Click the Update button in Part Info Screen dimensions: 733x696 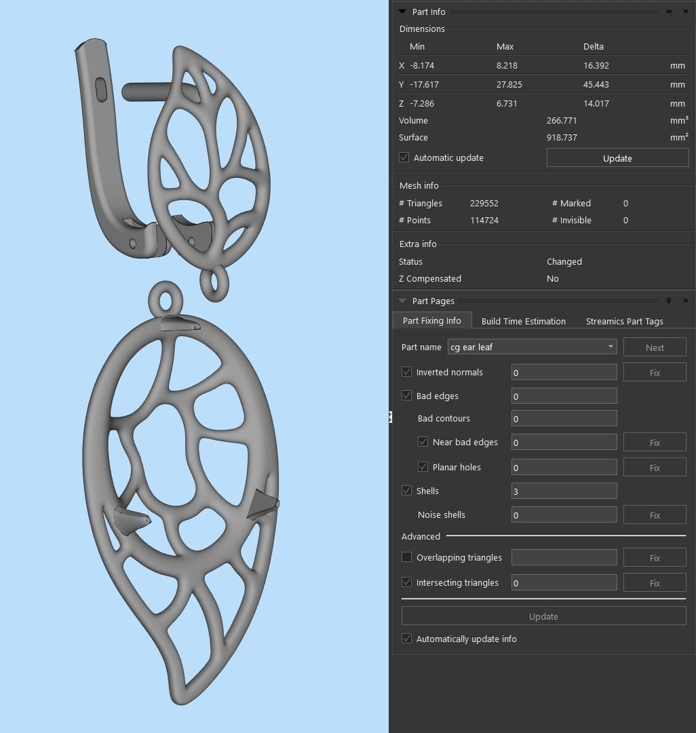pyautogui.click(x=617, y=158)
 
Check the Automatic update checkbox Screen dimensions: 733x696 pyautogui.click(x=404, y=157)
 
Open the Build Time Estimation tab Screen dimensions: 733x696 pyautogui.click(x=523, y=321)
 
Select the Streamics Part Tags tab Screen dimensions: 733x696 pyautogui.click(x=624, y=321)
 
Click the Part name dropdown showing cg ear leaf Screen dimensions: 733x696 pyautogui.click(x=532, y=347)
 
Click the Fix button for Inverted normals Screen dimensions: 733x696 pyautogui.click(x=654, y=373)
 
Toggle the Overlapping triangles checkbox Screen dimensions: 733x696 pyautogui.click(x=406, y=557)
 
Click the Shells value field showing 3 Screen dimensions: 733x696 pyautogui.click(x=563, y=491)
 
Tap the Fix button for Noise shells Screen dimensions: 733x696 pyautogui.click(x=654, y=515)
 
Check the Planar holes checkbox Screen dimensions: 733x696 pyautogui.click(x=423, y=467)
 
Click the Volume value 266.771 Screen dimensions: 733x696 pyautogui.click(x=562, y=120)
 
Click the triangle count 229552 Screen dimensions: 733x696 pyautogui.click(x=484, y=203)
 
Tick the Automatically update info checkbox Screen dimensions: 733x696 pyautogui.click(x=406, y=639)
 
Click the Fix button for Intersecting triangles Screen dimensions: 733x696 pyautogui.click(x=654, y=583)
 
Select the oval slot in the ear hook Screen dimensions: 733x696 pyautogui.click(x=101, y=90)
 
